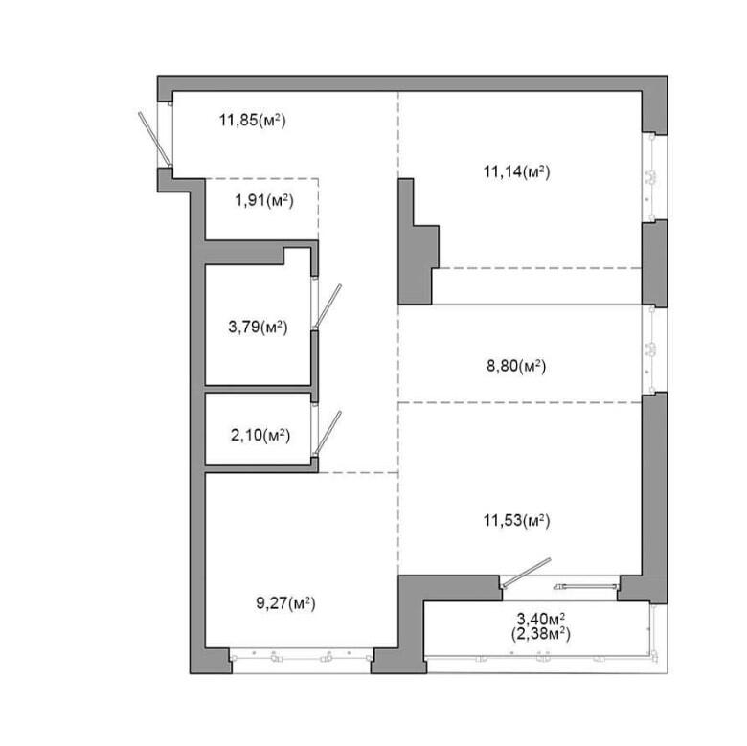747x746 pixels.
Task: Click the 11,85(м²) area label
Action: pyautogui.click(x=253, y=120)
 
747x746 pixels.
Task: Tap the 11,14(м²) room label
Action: pyautogui.click(x=517, y=171)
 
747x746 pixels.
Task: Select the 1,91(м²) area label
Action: pyautogui.click(x=264, y=200)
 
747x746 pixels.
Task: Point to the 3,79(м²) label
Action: pyautogui.click(x=258, y=328)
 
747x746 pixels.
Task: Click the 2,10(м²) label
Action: pyautogui.click(x=260, y=435)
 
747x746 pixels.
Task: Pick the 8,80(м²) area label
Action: pyautogui.click(x=516, y=367)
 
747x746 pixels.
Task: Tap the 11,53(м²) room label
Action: pyautogui.click(x=517, y=520)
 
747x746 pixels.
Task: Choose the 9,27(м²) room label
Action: pyautogui.click(x=285, y=603)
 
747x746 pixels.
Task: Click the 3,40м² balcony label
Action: pyautogui.click(x=541, y=620)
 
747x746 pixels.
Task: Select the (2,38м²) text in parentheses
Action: pyautogui.click(x=541, y=634)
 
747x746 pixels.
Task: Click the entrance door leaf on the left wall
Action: pyautogui.click(x=154, y=139)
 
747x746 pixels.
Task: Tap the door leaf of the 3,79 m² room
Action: pyautogui.click(x=328, y=305)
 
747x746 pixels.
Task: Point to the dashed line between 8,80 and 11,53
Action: pyautogui.click(x=520, y=402)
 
